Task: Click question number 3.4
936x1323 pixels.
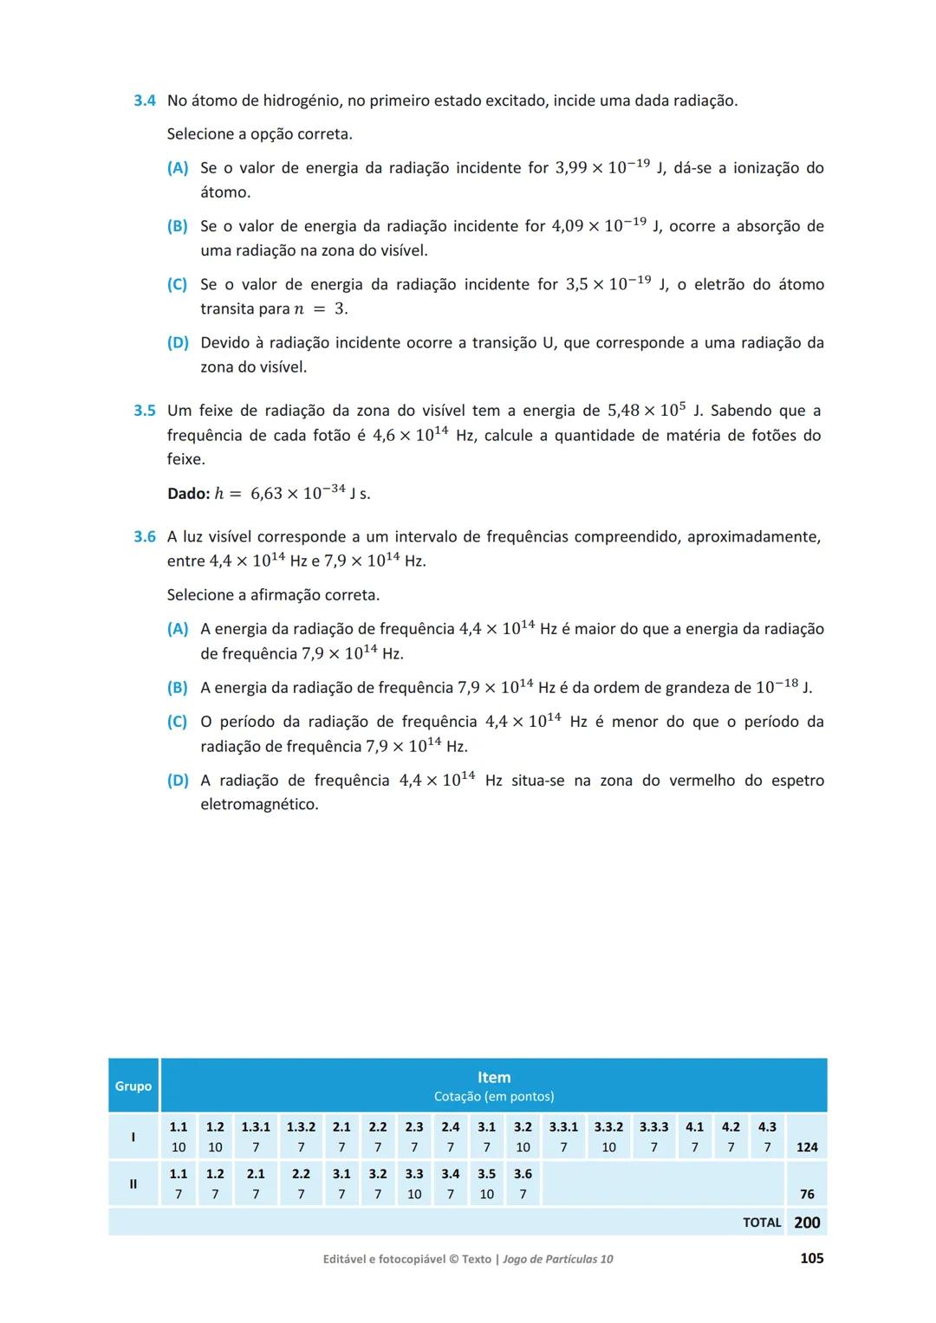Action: pos(144,101)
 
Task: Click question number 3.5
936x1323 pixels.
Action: pos(144,411)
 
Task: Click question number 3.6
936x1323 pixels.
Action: pos(144,537)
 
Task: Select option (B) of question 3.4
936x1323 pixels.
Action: pos(177,226)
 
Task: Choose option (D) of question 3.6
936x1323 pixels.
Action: pos(177,781)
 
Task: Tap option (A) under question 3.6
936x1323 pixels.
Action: pos(177,629)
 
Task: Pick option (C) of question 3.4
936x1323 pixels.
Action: pos(177,284)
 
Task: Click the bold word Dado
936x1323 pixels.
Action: pos(188,494)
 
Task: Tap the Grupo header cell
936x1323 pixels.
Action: pos(133,1086)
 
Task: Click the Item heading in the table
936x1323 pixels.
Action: pos(494,1077)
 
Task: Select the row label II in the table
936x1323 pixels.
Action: pos(133,1184)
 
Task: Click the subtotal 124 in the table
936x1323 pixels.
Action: pos(807,1147)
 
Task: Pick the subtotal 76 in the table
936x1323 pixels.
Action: pos(807,1194)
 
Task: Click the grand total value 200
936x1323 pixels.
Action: pos(807,1222)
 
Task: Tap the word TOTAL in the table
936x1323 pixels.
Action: pos(762,1222)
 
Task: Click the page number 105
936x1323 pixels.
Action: pos(811,1258)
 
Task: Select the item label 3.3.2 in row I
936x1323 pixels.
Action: pos(608,1127)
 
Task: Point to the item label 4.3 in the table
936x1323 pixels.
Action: pos(767,1127)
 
